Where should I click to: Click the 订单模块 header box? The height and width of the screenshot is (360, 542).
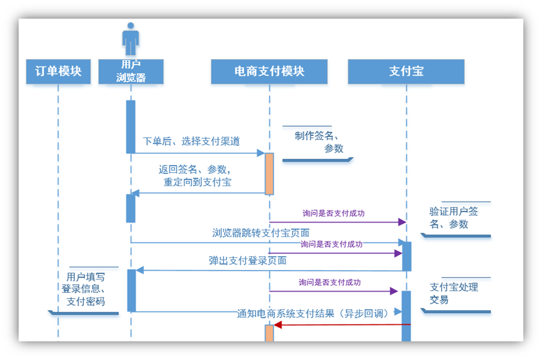pos(58,72)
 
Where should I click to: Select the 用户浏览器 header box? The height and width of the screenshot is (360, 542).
pos(131,71)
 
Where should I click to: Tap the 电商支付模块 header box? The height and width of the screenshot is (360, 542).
pos(269,72)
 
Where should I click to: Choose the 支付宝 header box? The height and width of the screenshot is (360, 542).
pos(406,72)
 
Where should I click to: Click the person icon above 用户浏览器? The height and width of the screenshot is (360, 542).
pos(131,40)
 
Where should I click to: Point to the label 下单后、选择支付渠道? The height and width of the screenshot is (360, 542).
pos(191,141)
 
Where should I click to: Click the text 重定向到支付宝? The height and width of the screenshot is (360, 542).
pos(197,181)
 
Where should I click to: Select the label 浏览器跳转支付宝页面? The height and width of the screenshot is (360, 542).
pos(260,233)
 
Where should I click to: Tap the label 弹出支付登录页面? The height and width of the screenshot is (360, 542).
pos(247,260)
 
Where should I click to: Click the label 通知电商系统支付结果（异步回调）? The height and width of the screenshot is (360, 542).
pos(313,313)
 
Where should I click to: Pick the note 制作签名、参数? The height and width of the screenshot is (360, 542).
pos(318,142)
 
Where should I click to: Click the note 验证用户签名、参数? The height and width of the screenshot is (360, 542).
pos(454,218)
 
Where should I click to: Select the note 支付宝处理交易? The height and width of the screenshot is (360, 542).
pos(454,293)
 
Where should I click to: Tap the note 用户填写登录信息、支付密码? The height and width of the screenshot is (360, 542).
pos(85,289)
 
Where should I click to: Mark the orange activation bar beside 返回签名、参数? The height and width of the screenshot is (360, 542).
pos(270,174)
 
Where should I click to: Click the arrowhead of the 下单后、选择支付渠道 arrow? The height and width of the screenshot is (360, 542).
pos(261,153)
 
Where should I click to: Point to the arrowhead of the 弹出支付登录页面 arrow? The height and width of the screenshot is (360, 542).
pos(139,270)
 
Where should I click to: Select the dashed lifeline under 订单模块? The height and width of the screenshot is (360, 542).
pos(58,204)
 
